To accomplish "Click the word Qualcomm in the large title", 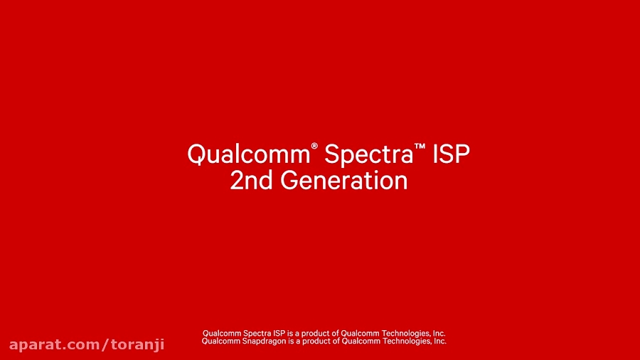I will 248,154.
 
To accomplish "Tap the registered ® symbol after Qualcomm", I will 314,147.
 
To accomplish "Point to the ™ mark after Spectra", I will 420,147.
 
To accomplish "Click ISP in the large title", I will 452,154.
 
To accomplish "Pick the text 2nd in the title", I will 252,181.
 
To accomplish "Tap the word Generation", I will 344,181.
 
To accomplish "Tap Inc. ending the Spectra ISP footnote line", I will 438,333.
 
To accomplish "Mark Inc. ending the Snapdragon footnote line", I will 439,342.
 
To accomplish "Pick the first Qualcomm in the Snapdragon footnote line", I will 218,342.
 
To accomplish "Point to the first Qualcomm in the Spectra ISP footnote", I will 218,333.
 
